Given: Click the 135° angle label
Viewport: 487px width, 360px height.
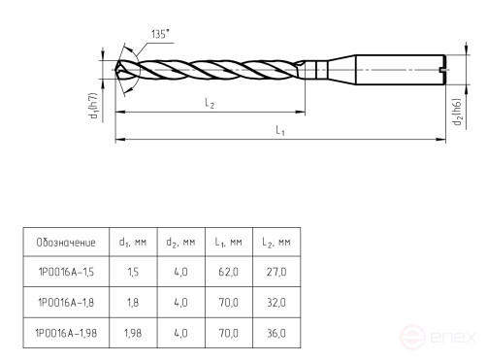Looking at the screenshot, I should (161, 34).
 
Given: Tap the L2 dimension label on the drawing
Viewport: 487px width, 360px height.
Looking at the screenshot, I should (210, 104).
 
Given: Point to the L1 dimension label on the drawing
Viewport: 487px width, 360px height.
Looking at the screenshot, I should (279, 130).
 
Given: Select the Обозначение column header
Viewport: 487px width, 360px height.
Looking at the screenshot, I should (65, 242).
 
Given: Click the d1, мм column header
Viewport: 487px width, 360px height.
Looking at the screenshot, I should (132, 242).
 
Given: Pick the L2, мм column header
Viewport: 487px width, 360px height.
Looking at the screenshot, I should (276, 242).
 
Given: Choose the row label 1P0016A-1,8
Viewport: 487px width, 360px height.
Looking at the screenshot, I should (65, 303).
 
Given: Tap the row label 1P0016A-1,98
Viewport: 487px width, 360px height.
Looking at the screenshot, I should (65, 333).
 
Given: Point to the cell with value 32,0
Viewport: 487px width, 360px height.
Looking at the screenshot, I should (276, 303).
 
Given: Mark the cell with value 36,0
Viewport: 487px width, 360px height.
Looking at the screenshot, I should (276, 333).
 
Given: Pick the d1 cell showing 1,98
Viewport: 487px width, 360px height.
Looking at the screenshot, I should (132, 333).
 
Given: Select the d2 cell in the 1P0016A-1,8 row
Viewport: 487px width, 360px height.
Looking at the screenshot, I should (180, 303).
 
